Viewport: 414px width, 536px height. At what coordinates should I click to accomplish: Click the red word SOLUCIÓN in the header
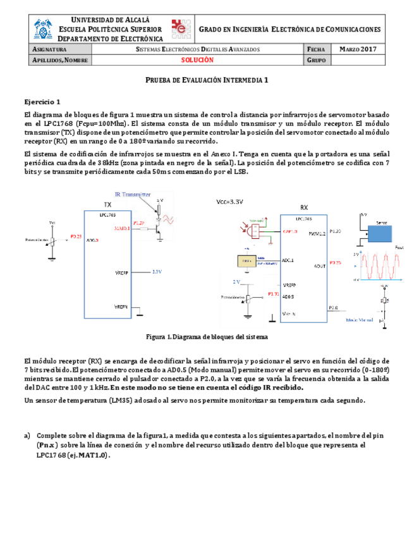coord(198,60)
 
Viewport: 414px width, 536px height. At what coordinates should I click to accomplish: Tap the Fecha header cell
coord(316,49)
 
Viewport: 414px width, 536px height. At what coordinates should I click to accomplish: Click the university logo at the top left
coord(44,29)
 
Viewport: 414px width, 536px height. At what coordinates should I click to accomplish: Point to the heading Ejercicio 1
coord(42,101)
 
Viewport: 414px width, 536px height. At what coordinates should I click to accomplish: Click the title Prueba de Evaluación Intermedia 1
coord(207,81)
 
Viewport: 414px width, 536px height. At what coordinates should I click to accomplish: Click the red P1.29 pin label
coord(139,222)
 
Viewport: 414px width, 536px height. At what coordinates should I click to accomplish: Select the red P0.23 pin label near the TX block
coord(76,236)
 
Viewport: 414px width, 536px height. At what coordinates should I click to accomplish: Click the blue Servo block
coord(382,234)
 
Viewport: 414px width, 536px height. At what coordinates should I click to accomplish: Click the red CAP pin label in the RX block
coord(290,232)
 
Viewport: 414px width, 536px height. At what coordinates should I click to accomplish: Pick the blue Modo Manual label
coord(360,320)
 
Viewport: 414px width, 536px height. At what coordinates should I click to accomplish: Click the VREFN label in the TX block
coord(122,306)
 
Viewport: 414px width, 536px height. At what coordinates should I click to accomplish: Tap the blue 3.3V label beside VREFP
coord(157,272)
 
